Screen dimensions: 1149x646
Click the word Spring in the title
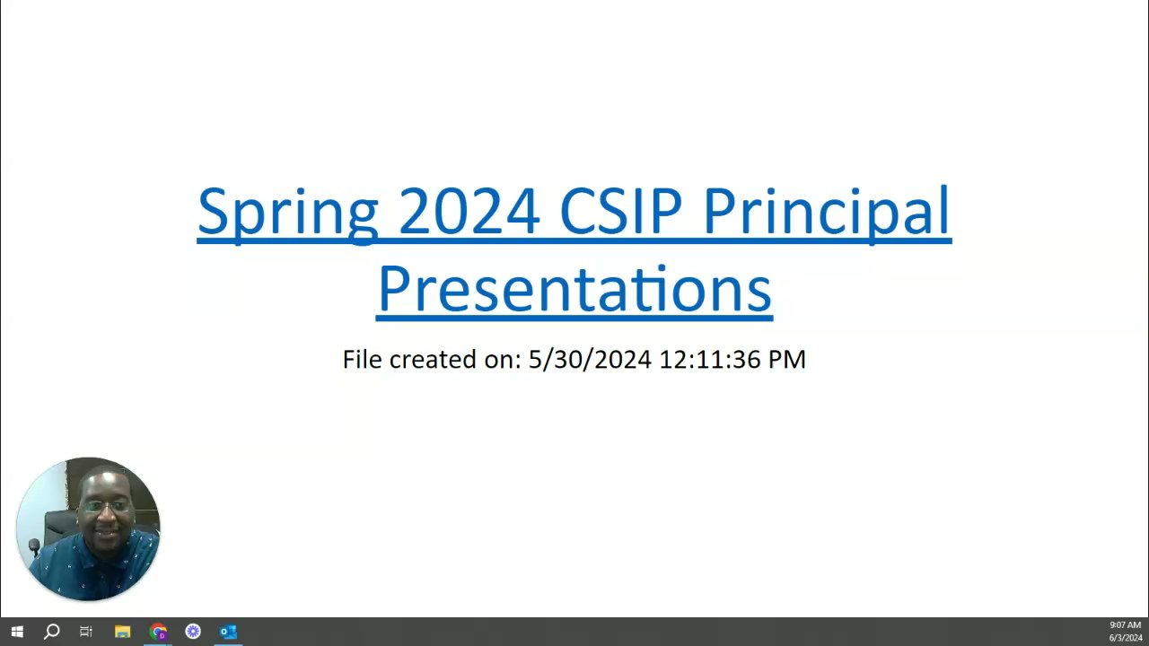point(288,214)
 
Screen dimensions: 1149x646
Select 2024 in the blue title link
point(469,210)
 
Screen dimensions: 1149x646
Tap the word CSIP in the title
point(620,210)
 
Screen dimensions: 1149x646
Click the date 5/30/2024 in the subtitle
point(590,360)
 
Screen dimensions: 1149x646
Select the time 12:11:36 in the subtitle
point(710,360)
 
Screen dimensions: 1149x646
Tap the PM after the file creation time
point(787,360)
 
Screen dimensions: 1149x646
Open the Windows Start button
point(17,632)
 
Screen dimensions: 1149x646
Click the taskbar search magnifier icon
point(51,632)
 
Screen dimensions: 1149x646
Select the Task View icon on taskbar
point(86,632)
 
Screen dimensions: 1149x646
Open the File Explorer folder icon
point(123,632)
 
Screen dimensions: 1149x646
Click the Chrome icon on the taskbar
point(158,632)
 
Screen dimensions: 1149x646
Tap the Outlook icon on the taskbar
point(228,632)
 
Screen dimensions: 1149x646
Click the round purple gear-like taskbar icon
point(193,632)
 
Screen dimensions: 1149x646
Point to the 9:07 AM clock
point(1125,625)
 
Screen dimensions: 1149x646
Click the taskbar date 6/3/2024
point(1126,638)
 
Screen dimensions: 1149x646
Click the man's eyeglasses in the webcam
point(106,507)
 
